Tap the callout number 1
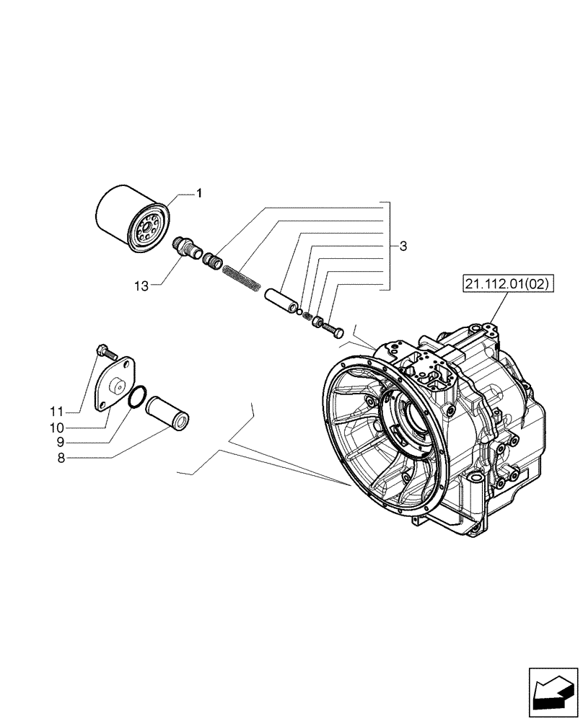pos(199,193)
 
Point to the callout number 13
pos(141,286)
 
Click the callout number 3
pos(403,246)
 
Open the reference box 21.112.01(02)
pos(504,285)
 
